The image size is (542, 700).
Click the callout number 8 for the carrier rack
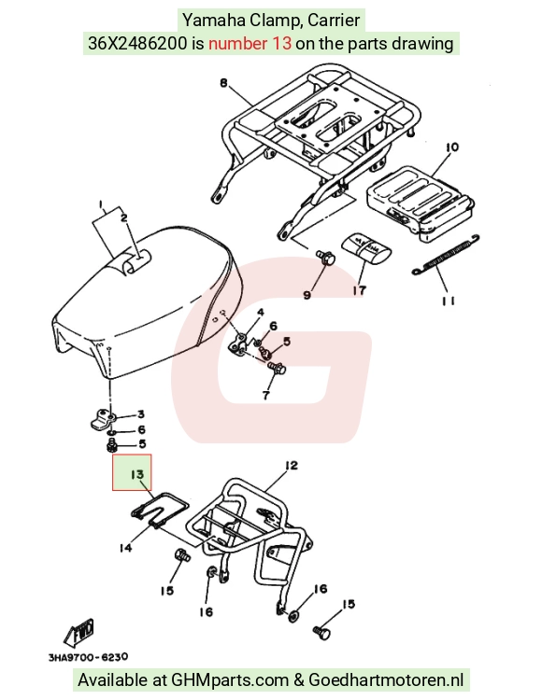click(x=224, y=83)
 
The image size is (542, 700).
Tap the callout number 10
click(x=451, y=147)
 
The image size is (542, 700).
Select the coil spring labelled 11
click(x=446, y=254)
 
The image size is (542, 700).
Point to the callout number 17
click(x=359, y=290)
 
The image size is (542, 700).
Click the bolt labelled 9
click(x=326, y=258)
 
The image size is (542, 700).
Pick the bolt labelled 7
click(x=277, y=369)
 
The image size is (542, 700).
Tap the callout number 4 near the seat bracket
click(x=260, y=312)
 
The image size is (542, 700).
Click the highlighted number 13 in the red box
click(x=137, y=474)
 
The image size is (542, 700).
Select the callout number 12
click(x=291, y=466)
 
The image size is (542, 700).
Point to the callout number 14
click(x=125, y=547)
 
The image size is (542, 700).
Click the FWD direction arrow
click(x=79, y=633)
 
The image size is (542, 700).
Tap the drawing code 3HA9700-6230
click(x=88, y=657)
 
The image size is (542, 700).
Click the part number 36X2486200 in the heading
click(x=137, y=43)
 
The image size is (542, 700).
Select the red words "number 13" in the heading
click(x=250, y=43)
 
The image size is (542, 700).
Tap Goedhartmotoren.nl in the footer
click(x=386, y=679)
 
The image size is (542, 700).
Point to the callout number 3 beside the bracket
click(x=141, y=414)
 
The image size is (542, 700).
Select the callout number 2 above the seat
click(x=124, y=217)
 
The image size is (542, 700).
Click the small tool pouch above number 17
click(x=366, y=248)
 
